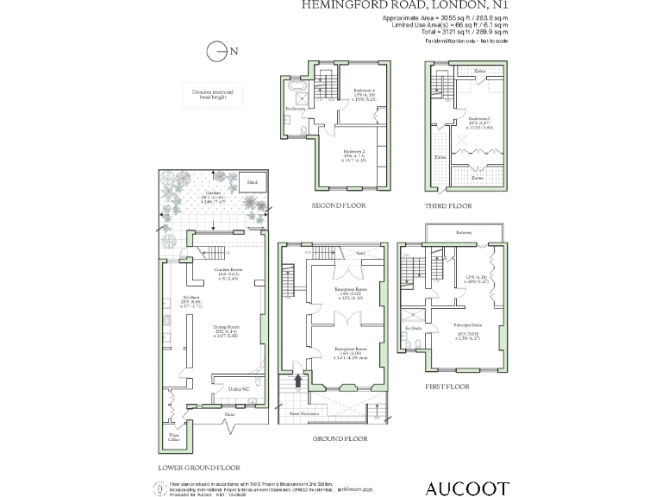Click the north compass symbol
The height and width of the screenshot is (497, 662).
216,51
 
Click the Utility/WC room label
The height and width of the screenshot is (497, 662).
239,390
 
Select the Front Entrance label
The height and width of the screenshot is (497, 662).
306,414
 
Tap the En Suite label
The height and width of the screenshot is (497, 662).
413,329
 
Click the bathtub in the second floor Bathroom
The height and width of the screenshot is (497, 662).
298,90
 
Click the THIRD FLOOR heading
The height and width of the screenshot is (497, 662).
448,206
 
